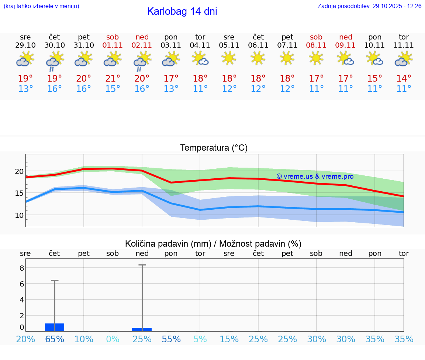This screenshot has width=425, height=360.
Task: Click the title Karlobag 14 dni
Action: (182, 11)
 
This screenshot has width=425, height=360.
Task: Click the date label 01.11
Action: (113, 45)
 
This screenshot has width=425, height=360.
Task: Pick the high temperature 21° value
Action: (113, 78)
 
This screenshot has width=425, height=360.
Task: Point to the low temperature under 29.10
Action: (25, 89)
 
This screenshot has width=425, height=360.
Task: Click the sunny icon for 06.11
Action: (258, 58)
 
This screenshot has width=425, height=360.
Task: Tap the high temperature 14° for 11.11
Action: (404, 78)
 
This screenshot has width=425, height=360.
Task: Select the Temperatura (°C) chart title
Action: (214, 148)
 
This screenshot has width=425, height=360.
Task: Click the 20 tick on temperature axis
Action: (20, 171)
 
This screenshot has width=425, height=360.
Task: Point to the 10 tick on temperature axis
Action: (20, 215)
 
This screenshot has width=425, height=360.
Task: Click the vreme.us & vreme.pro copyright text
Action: (315, 176)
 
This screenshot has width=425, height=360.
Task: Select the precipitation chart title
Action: (213, 244)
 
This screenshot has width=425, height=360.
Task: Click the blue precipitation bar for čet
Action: (55, 327)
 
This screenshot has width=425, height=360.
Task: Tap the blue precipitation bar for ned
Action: (142, 329)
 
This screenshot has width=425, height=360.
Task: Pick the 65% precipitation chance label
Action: (55, 339)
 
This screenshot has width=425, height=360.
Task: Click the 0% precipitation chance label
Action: (113, 339)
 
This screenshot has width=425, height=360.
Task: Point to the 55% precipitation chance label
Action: (171, 339)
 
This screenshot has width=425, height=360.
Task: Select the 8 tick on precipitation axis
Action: (22, 268)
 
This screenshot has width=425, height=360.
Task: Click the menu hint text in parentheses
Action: (41, 6)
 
